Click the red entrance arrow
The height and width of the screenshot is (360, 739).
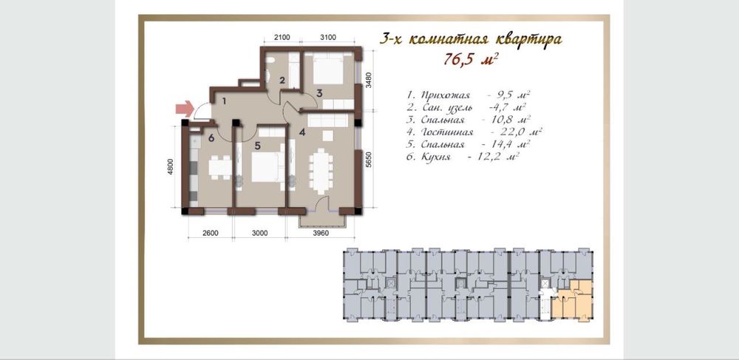pos(185,109)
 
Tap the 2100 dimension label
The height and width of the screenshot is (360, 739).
pos(282,38)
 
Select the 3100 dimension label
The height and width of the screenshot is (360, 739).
pos(327,38)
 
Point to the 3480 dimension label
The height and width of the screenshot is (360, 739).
pos(369,80)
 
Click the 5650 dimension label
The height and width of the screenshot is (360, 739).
pos(369,159)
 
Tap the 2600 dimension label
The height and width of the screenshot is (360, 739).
pos(210,233)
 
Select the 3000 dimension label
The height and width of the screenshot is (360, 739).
pos(259,233)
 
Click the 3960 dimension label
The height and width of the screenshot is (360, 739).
pos(321,233)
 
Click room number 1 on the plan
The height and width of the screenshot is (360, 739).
pos(225,101)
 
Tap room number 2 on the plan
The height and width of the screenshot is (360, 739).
pos(282,80)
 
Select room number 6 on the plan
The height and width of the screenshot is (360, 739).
pos(211,137)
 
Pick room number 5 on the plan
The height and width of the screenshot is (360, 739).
pos(257,146)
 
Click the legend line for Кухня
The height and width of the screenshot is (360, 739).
pos(463,157)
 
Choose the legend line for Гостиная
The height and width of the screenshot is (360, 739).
pos(474,132)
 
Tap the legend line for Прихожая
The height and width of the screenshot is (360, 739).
pos(471,95)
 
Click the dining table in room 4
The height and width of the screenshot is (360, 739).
pos(321,171)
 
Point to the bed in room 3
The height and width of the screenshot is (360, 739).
pos(328,68)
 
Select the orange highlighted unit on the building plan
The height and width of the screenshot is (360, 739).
pos(574,299)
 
